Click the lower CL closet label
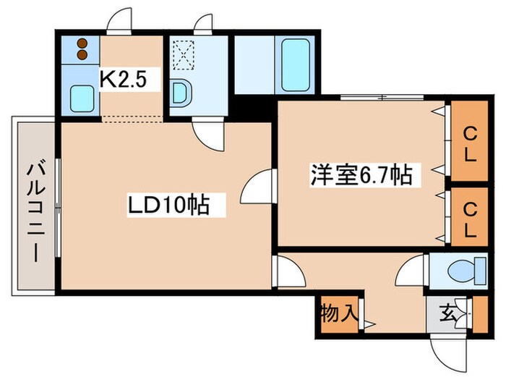[x=470, y=220]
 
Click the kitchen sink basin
[x=81, y=97]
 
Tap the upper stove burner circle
[x=82, y=42]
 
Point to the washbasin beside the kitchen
[x=182, y=93]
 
